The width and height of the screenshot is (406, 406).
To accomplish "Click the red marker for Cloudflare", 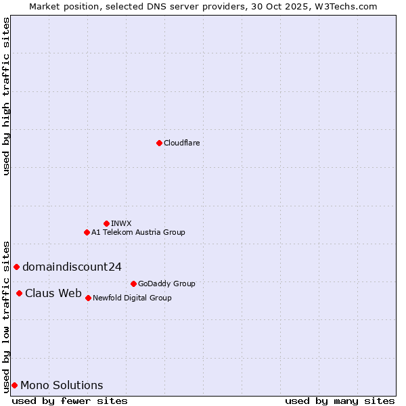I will tap(159, 143).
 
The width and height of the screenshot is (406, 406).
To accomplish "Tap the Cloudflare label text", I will tap(181, 143).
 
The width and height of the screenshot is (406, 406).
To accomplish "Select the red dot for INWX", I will tap(106, 223).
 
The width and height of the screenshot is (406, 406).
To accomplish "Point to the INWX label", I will tap(121, 223).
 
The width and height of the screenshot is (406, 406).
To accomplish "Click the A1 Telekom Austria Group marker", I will tap(87, 232).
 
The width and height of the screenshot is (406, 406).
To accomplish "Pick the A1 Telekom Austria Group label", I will tap(138, 232).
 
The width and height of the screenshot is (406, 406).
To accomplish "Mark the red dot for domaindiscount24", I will tap(16, 267).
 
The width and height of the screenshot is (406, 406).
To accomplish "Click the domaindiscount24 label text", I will tap(72, 267).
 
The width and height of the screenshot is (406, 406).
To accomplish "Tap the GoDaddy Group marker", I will tap(133, 284).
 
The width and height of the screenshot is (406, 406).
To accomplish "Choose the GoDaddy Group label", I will tap(166, 284).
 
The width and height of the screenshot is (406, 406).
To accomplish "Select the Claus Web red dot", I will tap(19, 293).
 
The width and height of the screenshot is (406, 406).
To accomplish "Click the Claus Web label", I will tap(53, 293).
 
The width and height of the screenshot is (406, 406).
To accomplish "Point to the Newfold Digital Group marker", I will tap(88, 298).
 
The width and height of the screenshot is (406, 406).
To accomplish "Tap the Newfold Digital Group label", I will tap(132, 298).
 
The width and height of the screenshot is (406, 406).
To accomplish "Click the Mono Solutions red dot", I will tap(14, 385).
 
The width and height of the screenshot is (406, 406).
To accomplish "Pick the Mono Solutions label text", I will tap(62, 385).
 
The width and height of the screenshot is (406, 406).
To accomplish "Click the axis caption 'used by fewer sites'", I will tap(70, 401).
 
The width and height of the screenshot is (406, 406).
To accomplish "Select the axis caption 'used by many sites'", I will tap(340, 401).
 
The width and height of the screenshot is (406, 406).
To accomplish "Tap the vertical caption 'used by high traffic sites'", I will tap(6, 96).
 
